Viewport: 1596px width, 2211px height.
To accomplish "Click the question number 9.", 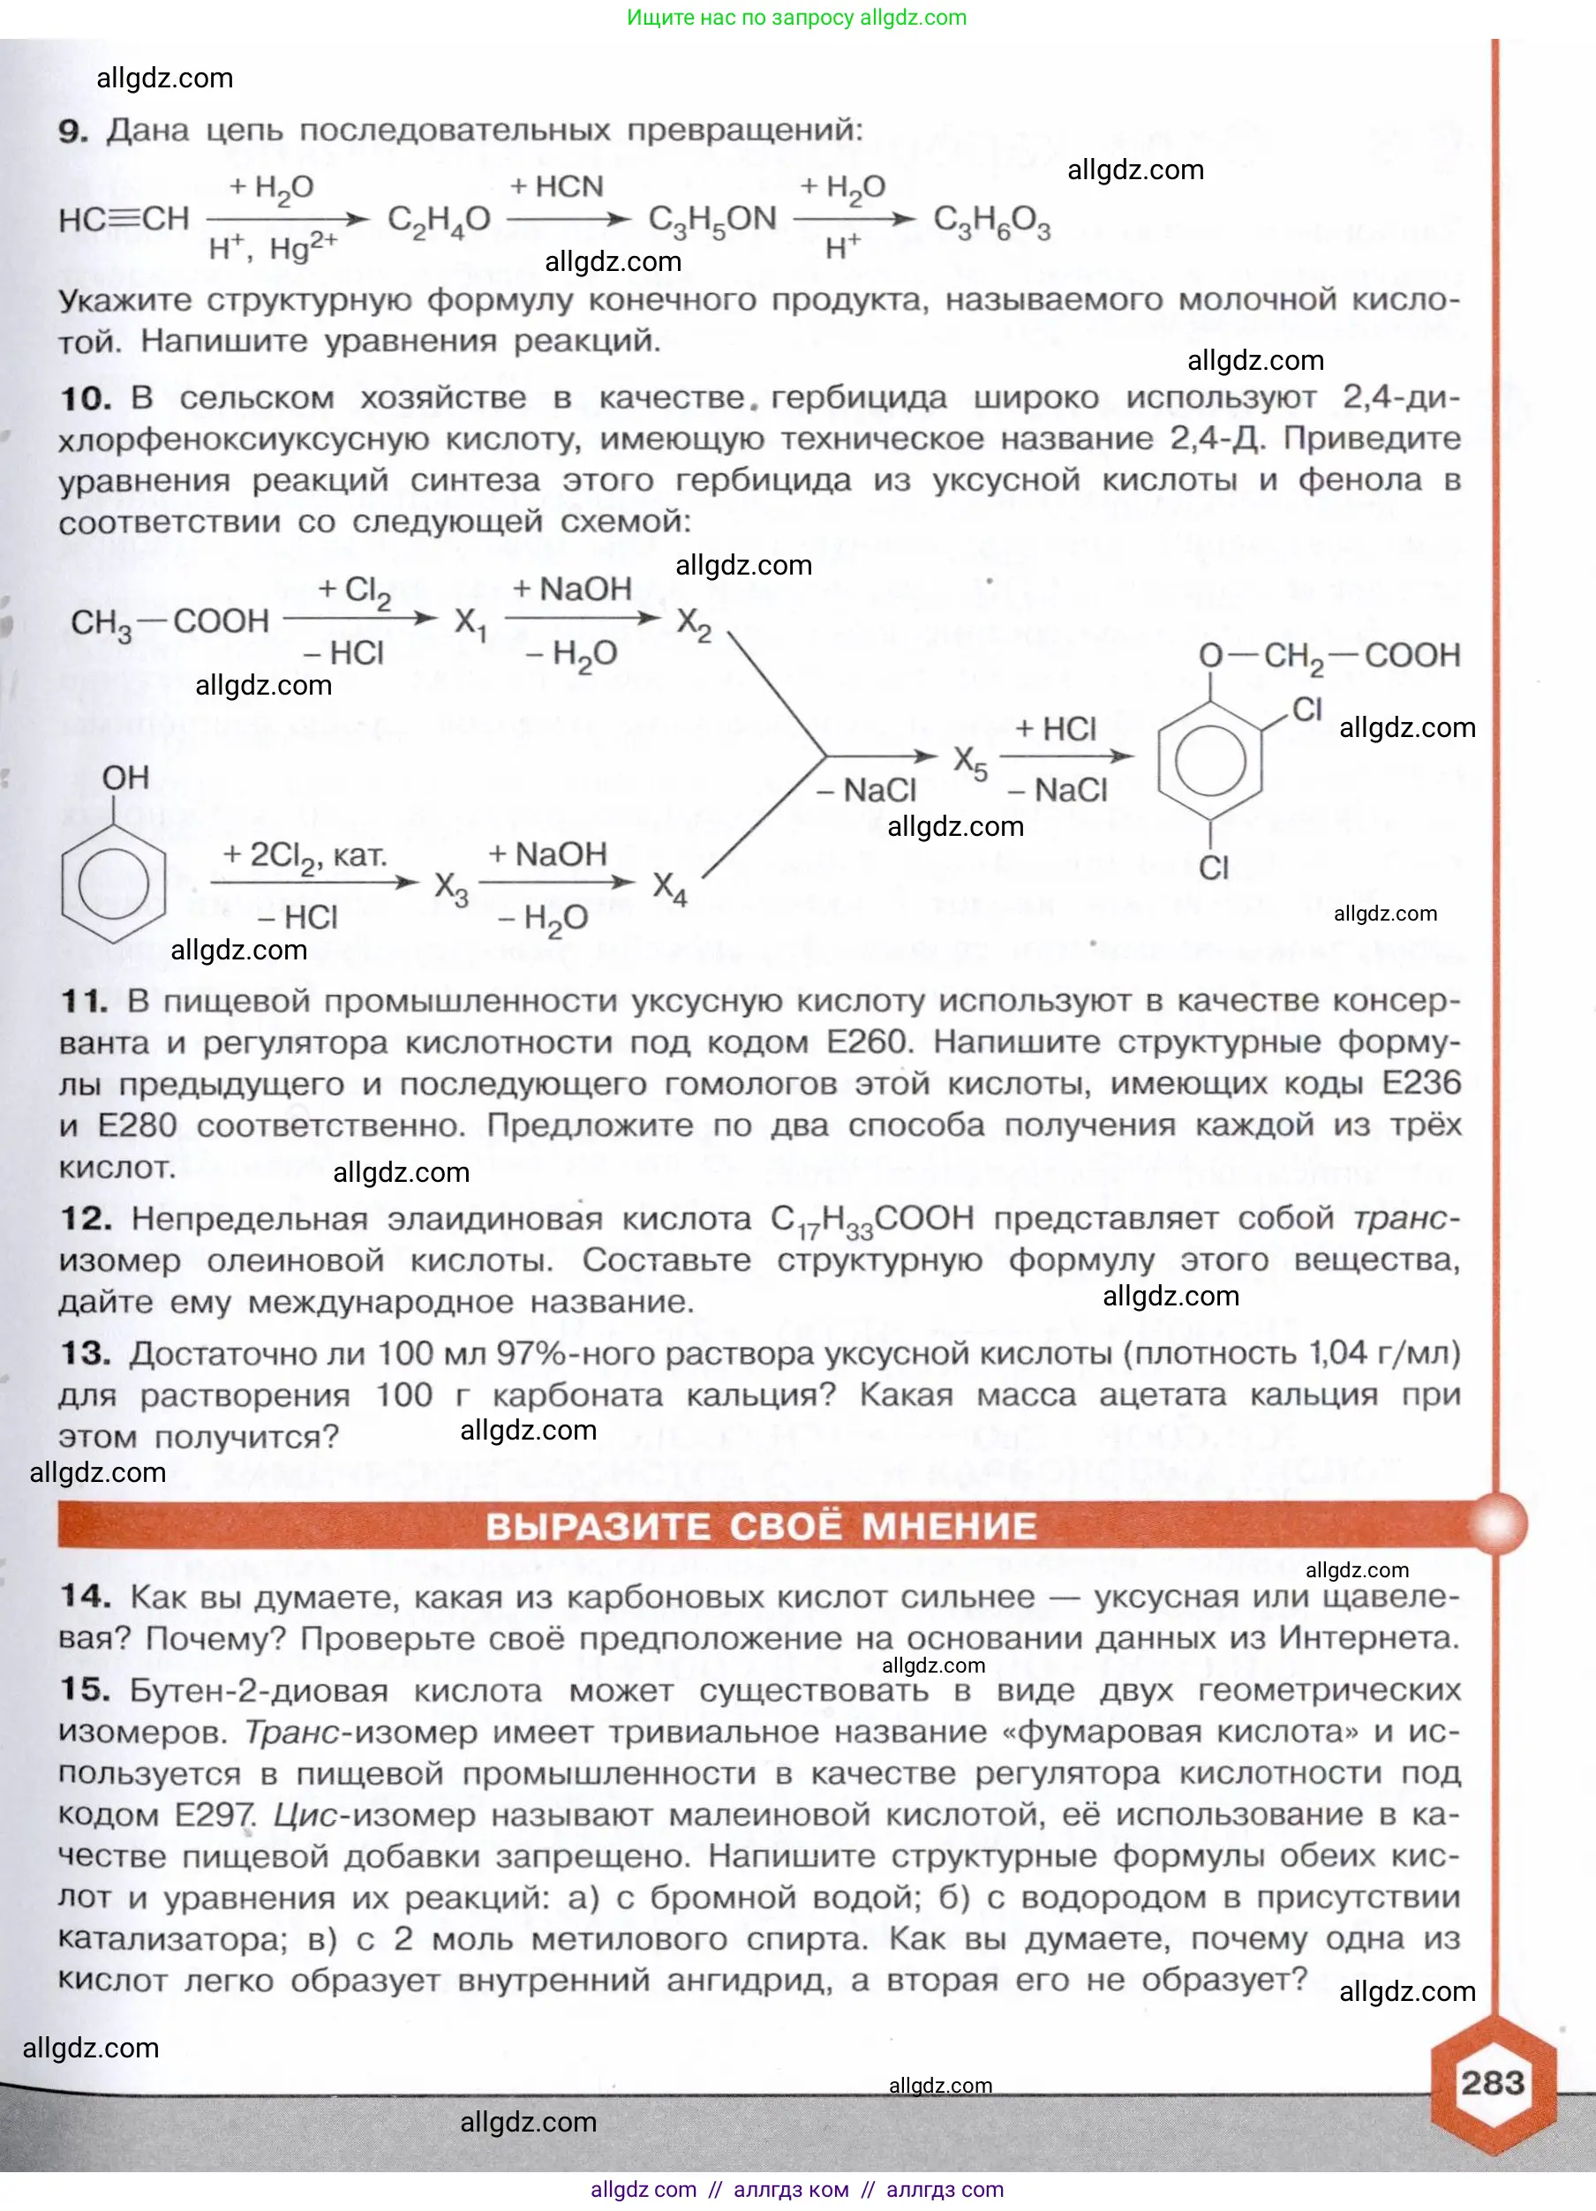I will tap(72, 131).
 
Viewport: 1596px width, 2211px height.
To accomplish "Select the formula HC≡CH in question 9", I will tap(124, 220).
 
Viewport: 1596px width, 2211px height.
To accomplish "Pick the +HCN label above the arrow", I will tap(557, 186).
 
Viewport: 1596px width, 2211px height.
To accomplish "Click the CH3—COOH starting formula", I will tap(169, 622).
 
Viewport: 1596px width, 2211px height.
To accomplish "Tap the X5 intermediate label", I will tap(970, 762).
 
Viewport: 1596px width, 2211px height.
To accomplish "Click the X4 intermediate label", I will tap(670, 887).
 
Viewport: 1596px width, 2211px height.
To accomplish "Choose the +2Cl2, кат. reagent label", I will tap(305, 855).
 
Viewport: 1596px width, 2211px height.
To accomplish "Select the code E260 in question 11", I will tap(867, 1042).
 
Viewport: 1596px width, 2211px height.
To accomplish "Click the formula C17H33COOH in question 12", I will tap(871, 1219).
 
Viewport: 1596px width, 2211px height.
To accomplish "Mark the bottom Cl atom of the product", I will tap(1213, 867).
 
